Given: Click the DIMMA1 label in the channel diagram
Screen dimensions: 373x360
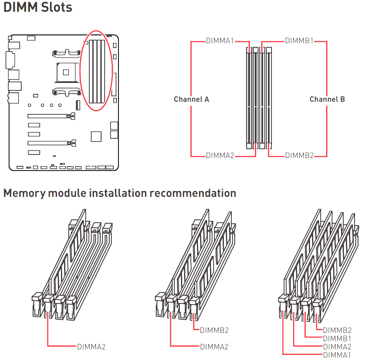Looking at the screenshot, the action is (x=220, y=41).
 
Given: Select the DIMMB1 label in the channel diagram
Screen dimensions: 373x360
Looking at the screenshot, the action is (x=299, y=41).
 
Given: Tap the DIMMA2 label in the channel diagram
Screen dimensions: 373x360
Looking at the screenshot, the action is (x=220, y=155).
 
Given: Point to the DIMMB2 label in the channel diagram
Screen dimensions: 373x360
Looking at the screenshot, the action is (x=299, y=155).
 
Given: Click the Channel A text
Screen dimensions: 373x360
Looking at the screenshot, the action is (x=192, y=99).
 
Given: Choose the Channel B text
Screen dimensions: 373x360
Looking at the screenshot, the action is (x=327, y=99).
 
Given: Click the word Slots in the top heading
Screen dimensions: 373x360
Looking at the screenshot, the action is (x=56, y=7).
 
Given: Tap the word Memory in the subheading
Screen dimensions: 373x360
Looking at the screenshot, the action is (x=24, y=193).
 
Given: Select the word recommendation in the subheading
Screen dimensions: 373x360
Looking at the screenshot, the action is (x=193, y=193).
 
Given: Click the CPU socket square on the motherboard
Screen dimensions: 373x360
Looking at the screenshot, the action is (x=66, y=72).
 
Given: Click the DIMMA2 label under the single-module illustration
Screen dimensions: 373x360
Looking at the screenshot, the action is (x=91, y=347).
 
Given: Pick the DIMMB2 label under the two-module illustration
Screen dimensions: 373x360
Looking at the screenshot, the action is (x=214, y=330).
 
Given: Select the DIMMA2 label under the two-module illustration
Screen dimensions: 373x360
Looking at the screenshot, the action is (x=214, y=347).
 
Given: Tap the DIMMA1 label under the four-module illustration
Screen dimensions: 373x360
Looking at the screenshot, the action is (x=337, y=355).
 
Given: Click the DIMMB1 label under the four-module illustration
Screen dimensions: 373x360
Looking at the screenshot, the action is (x=337, y=338).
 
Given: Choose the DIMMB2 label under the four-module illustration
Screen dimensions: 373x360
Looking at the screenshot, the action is (x=337, y=330).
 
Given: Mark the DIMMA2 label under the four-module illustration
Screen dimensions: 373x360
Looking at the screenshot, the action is (x=337, y=347).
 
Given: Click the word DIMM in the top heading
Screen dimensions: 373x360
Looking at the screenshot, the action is (x=21, y=7).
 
